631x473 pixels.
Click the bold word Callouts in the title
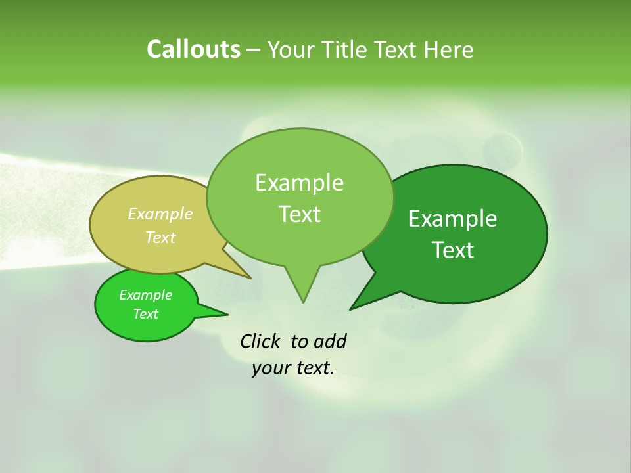(x=193, y=50)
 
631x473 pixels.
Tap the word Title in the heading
(x=346, y=50)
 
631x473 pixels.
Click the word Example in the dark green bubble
(x=453, y=219)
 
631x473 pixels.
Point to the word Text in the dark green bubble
(x=453, y=250)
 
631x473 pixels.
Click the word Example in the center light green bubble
(x=299, y=183)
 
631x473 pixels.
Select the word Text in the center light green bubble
(x=299, y=214)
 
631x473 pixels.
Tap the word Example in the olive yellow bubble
(x=160, y=214)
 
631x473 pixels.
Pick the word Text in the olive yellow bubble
(x=160, y=237)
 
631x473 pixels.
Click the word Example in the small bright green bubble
(x=145, y=295)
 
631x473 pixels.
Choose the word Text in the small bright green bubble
(x=145, y=314)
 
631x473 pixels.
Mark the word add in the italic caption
(x=330, y=342)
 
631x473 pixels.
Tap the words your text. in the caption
(x=293, y=368)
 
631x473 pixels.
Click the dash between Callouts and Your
(x=254, y=50)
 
